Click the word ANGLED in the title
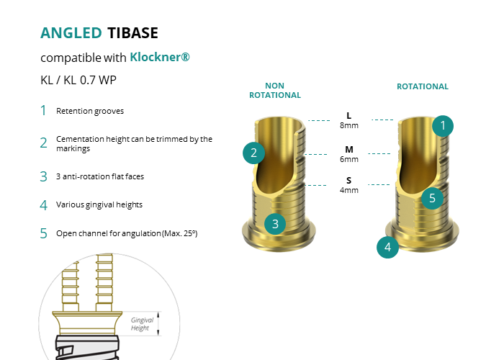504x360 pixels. coord(71,33)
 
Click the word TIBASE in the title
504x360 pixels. coord(132,33)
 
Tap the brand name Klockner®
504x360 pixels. coord(160,57)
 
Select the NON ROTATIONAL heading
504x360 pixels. coord(275,90)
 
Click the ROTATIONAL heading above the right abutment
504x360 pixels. coord(423,86)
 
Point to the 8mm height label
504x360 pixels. coord(349,125)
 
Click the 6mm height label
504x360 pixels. coord(349,159)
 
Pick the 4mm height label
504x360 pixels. coord(349,190)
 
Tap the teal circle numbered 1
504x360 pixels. coord(443,126)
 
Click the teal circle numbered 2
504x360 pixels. coord(253,153)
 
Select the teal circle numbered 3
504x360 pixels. coord(275,224)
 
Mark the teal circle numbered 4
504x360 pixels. coord(387,247)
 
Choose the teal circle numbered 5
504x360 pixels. coord(432,198)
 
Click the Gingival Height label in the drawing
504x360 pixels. coord(142,324)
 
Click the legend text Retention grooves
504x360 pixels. coord(90,111)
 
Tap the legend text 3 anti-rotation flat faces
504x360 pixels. coord(100,176)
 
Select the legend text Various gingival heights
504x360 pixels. coord(99,204)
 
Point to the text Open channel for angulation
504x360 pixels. coord(109,233)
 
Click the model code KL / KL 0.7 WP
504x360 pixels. coord(78,80)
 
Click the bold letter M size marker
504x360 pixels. coord(349,150)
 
